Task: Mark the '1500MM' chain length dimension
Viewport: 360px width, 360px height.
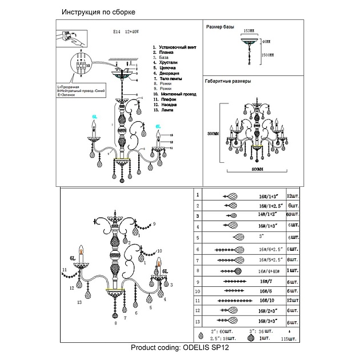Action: pos(267,55)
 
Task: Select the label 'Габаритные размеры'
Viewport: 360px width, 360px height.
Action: pos(228,81)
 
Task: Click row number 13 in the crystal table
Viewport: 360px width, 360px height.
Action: pos(198,321)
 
